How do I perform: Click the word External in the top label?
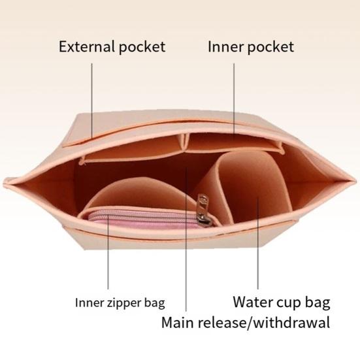point(86,46)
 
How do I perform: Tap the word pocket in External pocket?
point(142,48)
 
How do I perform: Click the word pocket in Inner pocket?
point(270,48)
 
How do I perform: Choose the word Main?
point(178,322)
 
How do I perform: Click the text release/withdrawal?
point(264,322)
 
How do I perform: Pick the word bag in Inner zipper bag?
point(154,304)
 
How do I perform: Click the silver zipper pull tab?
point(203,208)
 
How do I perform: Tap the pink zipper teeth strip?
point(142,217)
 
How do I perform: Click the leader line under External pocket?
point(92,101)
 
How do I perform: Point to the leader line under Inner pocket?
point(234,101)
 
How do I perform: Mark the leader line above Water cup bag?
point(258,244)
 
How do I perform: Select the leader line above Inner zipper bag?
point(108,252)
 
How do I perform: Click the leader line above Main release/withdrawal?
point(186,239)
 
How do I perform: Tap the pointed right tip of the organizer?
point(357,181)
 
